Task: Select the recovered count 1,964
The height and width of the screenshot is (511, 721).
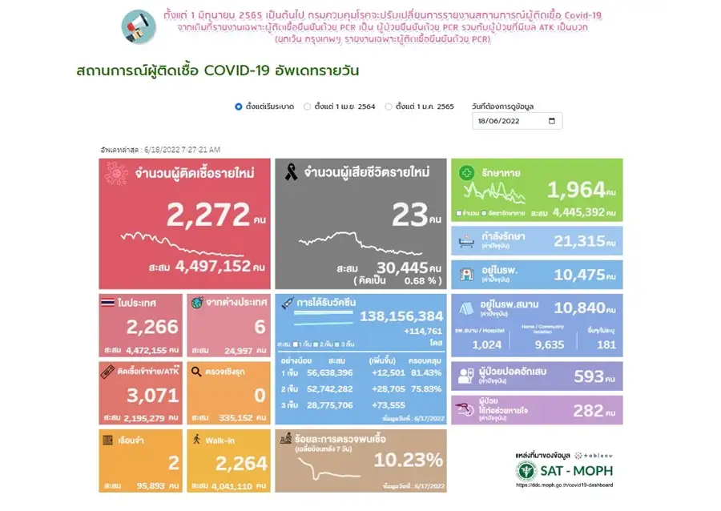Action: pyautogui.click(x=575, y=190)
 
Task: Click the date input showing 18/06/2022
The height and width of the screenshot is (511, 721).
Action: pyautogui.click(x=517, y=121)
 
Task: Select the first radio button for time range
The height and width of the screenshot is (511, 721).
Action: pyautogui.click(x=239, y=107)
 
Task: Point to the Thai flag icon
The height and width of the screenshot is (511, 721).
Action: pyautogui.click(x=107, y=303)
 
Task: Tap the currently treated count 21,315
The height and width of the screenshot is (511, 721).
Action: pyautogui.click(x=586, y=241)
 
